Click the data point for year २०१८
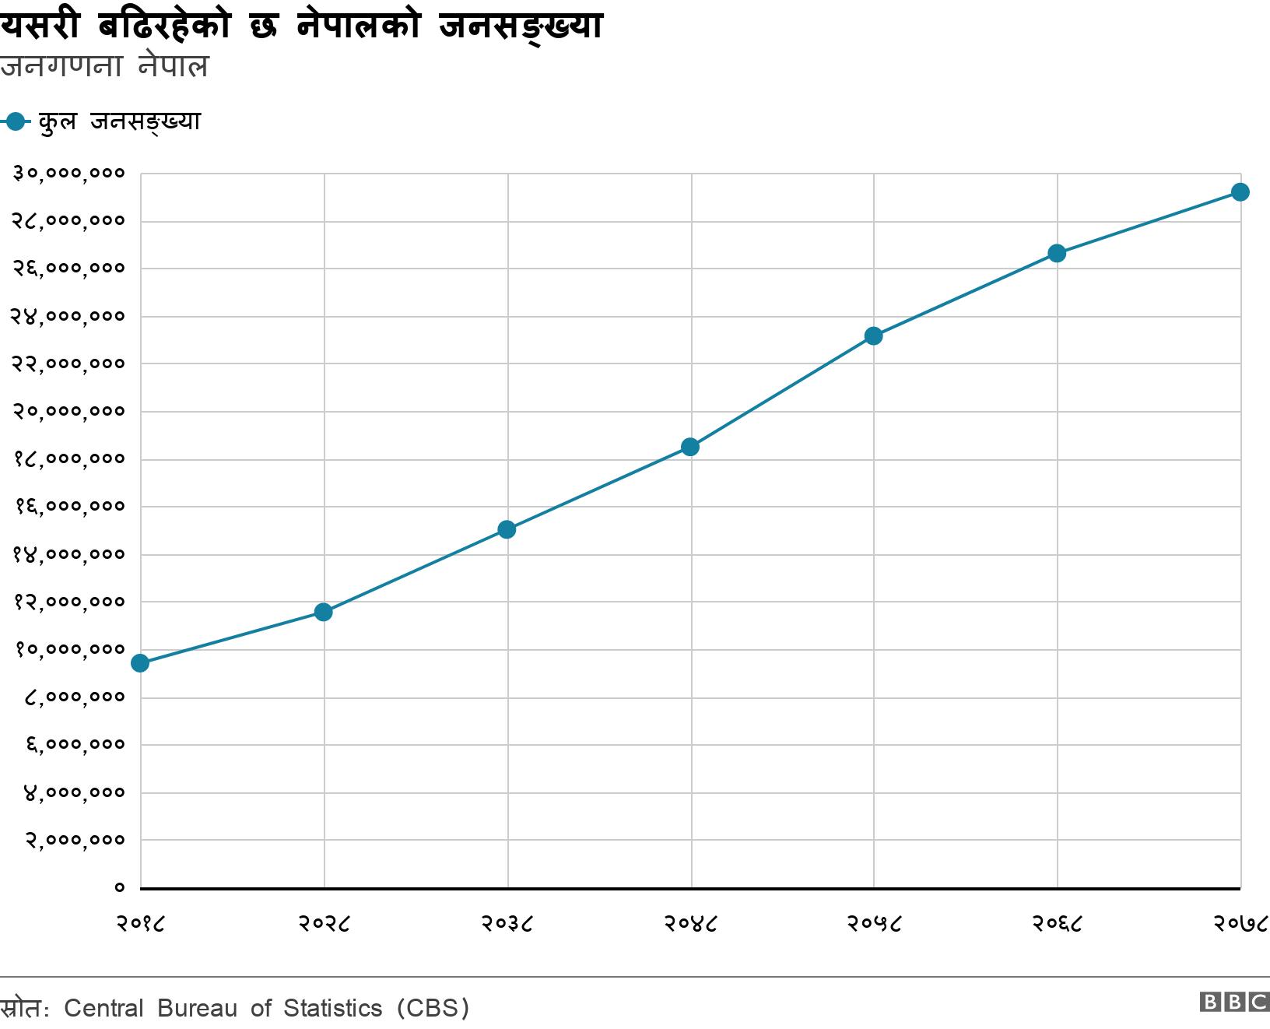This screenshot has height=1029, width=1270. (x=140, y=663)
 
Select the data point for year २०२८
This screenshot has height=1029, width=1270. (x=324, y=613)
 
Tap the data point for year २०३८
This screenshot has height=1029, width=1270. (x=507, y=530)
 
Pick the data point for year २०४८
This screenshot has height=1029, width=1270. (x=690, y=447)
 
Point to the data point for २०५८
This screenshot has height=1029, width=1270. (x=873, y=336)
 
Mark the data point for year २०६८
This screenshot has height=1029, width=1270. (x=1057, y=254)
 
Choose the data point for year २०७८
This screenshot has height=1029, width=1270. (x=1240, y=192)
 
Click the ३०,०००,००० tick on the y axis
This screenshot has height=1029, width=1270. (x=68, y=173)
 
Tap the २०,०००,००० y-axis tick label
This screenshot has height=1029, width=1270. (x=68, y=411)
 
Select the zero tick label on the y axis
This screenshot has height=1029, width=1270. (x=119, y=887)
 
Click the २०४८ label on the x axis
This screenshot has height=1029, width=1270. (x=690, y=923)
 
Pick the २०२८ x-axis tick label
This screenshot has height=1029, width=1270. (x=324, y=923)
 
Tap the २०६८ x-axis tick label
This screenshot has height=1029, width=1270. (x=1057, y=923)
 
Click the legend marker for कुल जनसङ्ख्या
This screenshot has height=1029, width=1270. (x=16, y=121)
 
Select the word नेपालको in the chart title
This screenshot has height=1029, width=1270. (x=358, y=26)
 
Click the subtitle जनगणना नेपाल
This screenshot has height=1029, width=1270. (x=104, y=67)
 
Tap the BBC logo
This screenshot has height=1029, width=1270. (x=1234, y=1002)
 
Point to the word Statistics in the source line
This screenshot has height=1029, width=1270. (x=332, y=1008)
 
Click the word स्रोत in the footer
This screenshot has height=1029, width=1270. (x=22, y=1008)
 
